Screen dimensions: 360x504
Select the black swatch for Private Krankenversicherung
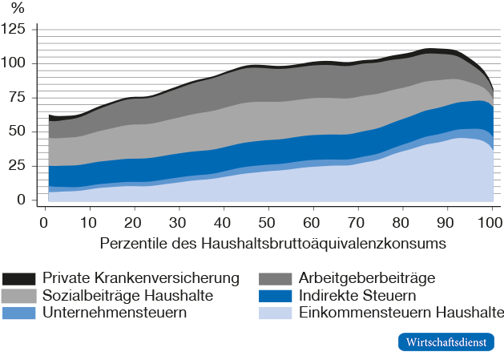19,279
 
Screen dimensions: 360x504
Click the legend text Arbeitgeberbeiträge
366,278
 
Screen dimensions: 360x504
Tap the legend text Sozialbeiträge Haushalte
127,295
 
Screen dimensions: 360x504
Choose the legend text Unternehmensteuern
115,312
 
